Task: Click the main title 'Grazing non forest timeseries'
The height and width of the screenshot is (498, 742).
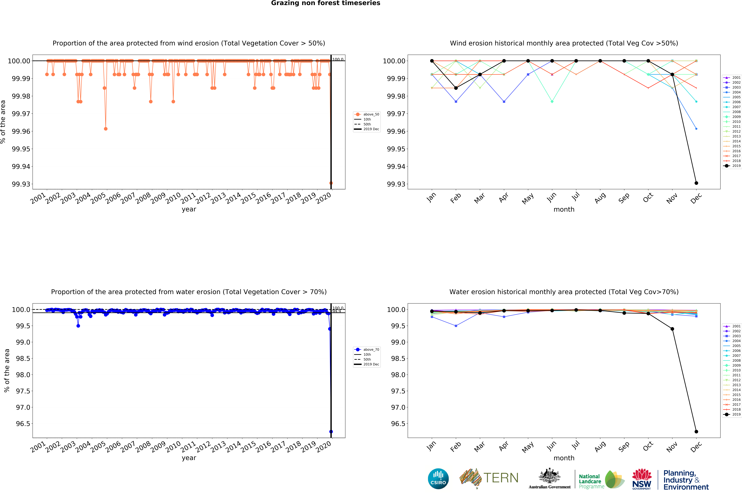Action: click(325, 3)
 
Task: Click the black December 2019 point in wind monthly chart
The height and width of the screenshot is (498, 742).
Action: click(696, 183)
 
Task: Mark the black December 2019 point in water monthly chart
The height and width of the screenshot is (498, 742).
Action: click(696, 432)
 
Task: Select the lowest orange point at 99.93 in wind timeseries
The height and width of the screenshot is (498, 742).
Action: click(331, 183)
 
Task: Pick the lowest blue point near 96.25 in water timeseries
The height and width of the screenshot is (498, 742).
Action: click(331, 432)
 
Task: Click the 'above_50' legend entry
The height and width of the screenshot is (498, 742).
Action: click(371, 114)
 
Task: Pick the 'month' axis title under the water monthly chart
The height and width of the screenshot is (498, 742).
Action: click(564, 458)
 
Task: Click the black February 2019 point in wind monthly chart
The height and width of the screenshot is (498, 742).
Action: click(456, 88)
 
